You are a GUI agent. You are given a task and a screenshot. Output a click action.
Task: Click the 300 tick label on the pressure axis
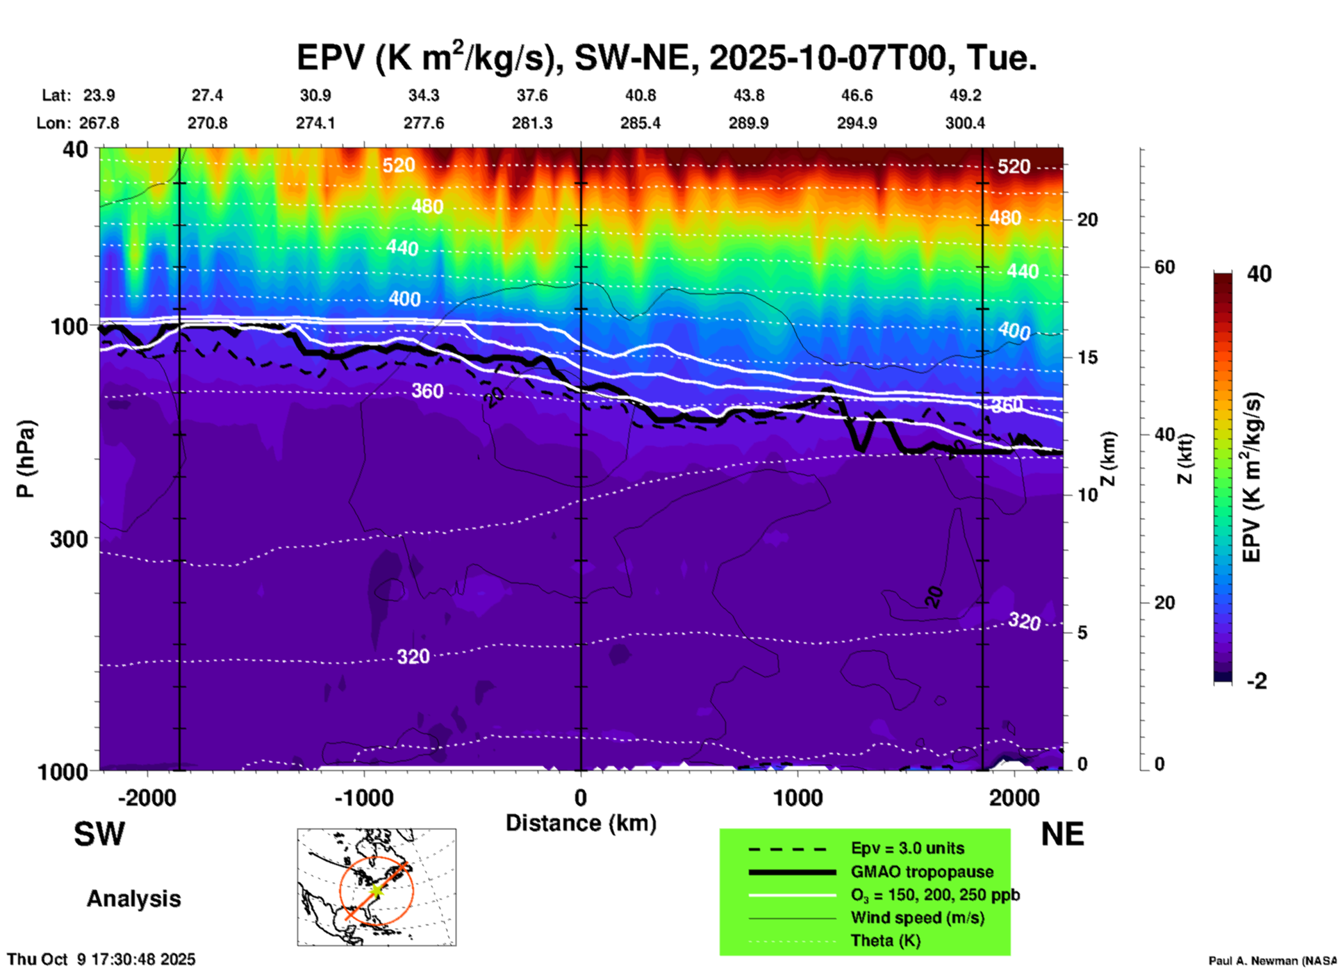(x=68, y=539)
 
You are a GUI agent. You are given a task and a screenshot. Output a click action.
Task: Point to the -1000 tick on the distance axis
(x=364, y=797)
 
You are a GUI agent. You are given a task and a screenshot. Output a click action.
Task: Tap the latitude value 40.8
(x=640, y=95)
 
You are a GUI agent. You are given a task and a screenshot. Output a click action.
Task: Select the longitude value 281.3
(x=532, y=123)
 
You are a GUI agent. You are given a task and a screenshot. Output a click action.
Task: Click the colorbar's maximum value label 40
(x=1259, y=274)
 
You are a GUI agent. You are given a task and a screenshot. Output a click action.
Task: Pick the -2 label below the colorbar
(x=1257, y=681)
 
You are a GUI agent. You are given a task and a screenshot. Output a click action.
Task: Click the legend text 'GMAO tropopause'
(x=922, y=872)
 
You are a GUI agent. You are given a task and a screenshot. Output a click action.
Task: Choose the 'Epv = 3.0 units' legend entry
(x=907, y=848)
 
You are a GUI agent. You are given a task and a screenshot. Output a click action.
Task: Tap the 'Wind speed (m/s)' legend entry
(x=917, y=918)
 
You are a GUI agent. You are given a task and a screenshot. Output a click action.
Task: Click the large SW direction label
(x=99, y=834)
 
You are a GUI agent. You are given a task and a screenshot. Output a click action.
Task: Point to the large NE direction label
(x=1062, y=834)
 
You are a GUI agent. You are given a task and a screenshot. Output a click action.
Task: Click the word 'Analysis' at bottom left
(x=133, y=899)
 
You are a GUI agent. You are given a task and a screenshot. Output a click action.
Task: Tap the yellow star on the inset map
(x=376, y=890)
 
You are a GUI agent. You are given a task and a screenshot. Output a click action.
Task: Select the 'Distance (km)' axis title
(x=581, y=823)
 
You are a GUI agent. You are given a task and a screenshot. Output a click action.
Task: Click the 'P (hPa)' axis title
(x=26, y=459)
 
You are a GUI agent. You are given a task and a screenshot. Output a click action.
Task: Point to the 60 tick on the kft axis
(x=1164, y=268)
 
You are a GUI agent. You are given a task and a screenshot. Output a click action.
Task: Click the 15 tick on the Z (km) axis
(x=1087, y=357)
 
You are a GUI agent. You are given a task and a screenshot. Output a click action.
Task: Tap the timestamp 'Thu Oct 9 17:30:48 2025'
(x=101, y=959)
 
